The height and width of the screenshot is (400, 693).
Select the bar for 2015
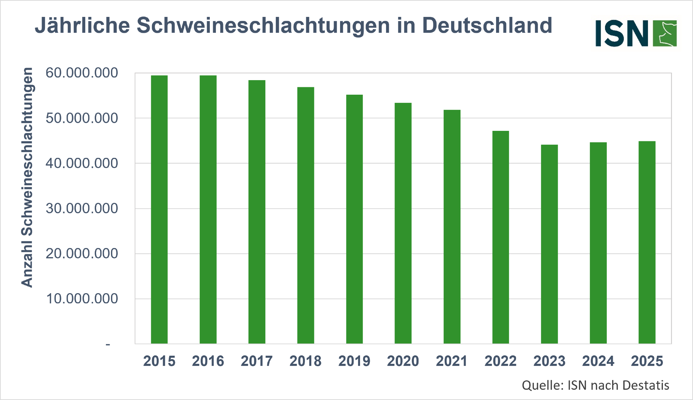pos(159,210)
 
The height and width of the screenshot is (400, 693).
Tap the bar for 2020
pos(403,223)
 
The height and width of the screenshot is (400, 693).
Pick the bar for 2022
pos(500,237)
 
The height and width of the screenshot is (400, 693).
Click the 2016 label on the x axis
pos(208,361)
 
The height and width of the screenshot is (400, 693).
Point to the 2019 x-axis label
pos(354,361)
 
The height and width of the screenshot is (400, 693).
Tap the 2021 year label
pos(452,361)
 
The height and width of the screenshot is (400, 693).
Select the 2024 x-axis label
pos(598,361)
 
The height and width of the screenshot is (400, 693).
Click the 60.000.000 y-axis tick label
pos(82,73)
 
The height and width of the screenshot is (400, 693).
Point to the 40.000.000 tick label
pos(82,163)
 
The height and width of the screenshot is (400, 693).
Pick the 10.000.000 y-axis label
pos(82,299)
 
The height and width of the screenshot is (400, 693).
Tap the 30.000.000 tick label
pos(82,209)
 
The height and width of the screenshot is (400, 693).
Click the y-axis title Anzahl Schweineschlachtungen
pos(27,178)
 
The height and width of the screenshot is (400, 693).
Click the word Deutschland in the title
pos(487,25)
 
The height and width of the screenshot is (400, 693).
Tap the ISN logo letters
pos(622,33)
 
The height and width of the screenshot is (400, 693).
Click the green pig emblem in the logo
pos(665,33)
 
